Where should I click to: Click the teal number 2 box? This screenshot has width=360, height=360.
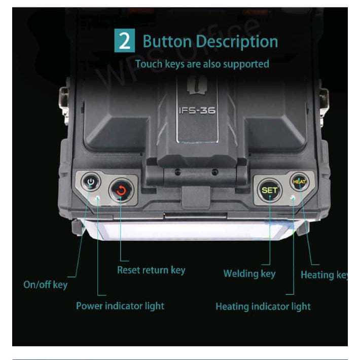click(124, 41)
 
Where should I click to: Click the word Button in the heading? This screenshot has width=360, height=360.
click(166, 41)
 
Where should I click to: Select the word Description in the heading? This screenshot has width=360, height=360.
click(236, 41)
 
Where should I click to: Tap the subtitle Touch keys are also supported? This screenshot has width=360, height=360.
click(202, 64)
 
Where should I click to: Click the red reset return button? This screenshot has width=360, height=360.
click(121, 190)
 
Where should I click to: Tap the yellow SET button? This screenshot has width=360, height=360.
click(269, 190)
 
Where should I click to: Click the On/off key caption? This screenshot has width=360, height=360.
click(45, 284)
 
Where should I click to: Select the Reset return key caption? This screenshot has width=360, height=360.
click(151, 270)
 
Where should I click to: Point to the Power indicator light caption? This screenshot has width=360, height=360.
click(120, 306)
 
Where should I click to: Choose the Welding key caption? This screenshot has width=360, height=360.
click(249, 274)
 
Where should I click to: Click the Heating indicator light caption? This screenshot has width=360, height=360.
click(263, 306)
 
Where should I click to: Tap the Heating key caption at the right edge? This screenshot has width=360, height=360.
click(324, 275)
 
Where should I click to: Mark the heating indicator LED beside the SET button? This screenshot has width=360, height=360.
click(293, 196)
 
